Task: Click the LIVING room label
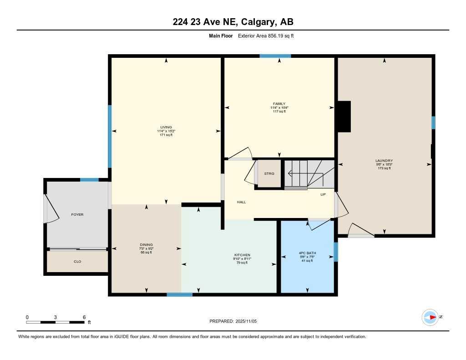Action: coord(166,127)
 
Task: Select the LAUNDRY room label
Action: coord(384,161)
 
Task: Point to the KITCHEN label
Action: coord(242,255)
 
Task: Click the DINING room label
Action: coord(146,244)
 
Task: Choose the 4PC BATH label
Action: coord(307,253)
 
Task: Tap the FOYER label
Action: coord(77,214)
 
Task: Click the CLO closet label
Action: coord(77,262)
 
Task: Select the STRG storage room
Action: coord(269,173)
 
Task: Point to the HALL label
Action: coord(241,202)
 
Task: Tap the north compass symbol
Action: coord(430,317)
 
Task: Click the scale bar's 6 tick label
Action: coord(84,317)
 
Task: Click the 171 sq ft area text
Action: coord(166,135)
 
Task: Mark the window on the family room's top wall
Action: coord(275,56)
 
